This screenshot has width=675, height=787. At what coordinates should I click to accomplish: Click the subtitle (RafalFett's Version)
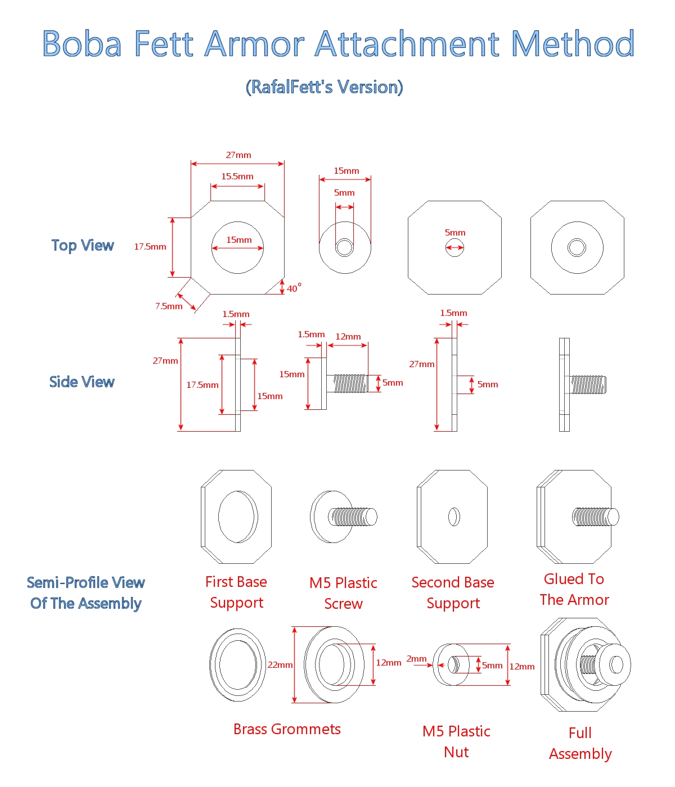[325, 87]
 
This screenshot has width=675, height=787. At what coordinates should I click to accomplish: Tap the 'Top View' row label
[83, 246]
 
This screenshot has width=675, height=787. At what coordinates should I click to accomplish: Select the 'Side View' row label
[82, 382]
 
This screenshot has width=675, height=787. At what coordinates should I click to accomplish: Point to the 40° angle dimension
[294, 288]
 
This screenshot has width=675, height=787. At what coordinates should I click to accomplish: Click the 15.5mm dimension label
[237, 177]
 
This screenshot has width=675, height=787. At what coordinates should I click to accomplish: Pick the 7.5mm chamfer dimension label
[169, 306]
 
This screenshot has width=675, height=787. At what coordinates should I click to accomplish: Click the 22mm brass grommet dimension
[280, 665]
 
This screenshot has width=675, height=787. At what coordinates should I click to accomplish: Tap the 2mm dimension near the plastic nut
[416, 659]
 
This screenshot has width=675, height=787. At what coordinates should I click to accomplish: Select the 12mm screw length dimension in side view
[348, 337]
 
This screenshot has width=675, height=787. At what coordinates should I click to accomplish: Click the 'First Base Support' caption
[236, 592]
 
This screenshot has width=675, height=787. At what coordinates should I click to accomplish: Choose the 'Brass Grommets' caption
[287, 730]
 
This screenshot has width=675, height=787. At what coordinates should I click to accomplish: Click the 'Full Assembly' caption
[580, 743]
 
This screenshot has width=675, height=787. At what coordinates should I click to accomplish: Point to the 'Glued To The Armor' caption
[574, 590]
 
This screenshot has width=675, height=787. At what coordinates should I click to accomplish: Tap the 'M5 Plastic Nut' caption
[456, 741]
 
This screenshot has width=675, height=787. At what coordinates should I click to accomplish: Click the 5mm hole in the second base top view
[454, 247]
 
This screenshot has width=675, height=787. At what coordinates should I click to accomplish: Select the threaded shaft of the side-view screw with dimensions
[350, 384]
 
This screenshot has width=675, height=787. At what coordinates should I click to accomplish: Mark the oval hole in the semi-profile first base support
[238, 517]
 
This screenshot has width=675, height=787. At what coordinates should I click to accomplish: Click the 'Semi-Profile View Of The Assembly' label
[86, 593]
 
